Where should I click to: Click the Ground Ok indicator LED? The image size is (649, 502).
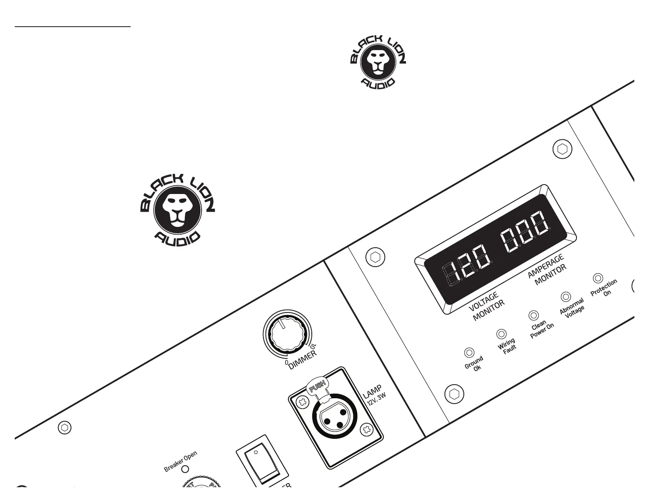(x=469, y=353)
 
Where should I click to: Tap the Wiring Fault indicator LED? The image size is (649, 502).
(x=501, y=334)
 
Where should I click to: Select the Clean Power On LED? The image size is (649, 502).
(x=533, y=315)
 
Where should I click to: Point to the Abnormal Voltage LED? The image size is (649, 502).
(x=566, y=297)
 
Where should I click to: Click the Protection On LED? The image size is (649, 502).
(x=598, y=278)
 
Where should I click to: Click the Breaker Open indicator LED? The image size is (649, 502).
(x=185, y=469)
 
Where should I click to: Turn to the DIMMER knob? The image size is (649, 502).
(x=286, y=332)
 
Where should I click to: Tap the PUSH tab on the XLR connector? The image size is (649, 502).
(x=318, y=386)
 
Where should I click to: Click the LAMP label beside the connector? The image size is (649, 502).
(x=372, y=392)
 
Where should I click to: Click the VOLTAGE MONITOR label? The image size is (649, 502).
(x=486, y=307)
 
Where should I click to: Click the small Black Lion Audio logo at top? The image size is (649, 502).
(x=378, y=61)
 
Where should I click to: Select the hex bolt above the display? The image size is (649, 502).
(x=562, y=149)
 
